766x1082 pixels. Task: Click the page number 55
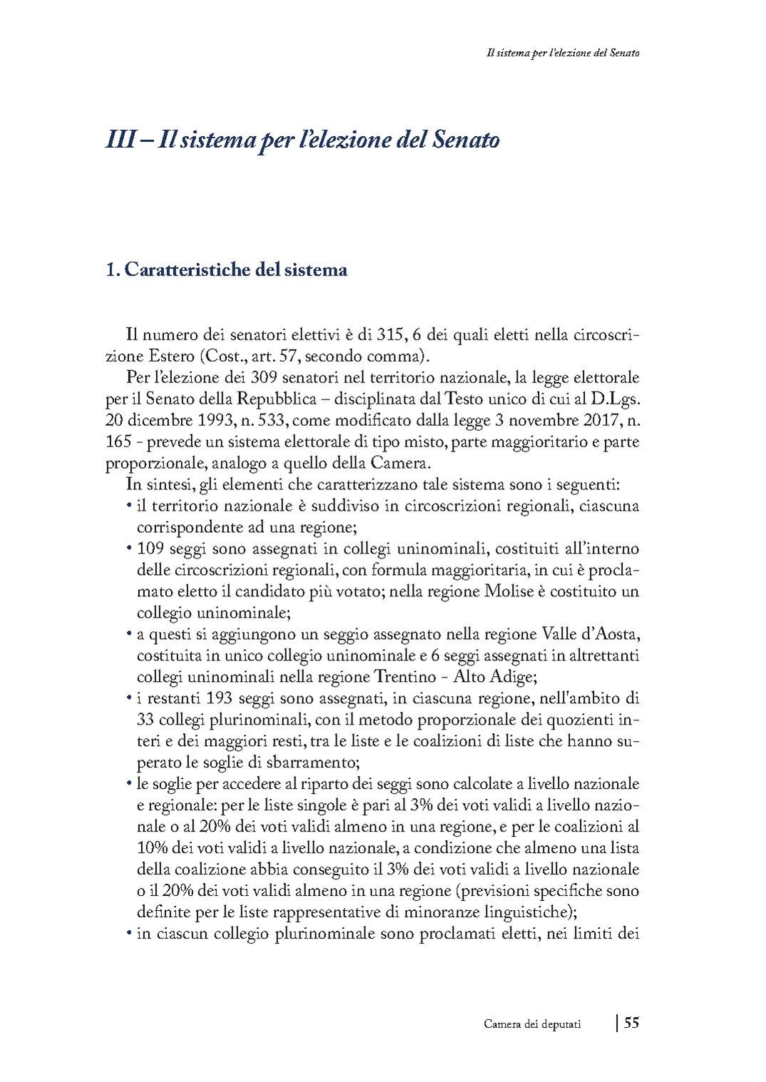point(631,1023)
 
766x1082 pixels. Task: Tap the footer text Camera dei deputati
point(532,1024)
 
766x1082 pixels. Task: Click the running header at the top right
point(557,53)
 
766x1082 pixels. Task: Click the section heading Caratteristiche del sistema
point(235,270)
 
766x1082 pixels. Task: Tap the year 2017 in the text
point(591,419)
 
